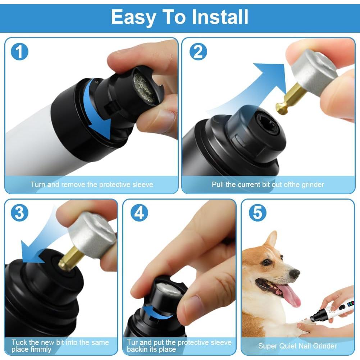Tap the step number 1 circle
(x=19, y=52)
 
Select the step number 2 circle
(x=198, y=52)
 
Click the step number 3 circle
(x=19, y=213)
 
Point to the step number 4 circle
(x=139, y=213)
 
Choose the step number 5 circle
(x=258, y=213)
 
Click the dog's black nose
(x=295, y=274)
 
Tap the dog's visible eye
(x=266, y=262)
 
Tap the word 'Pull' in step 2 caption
(x=218, y=184)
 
